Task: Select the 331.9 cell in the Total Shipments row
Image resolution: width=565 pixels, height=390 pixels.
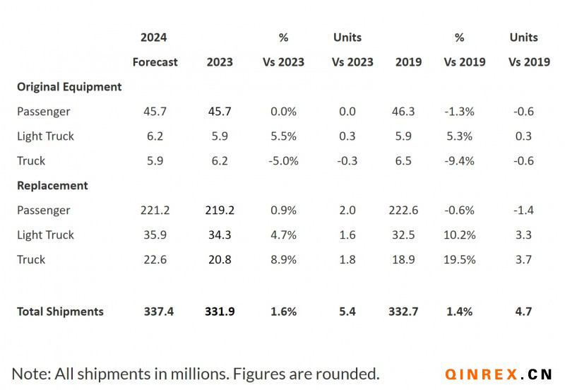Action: tap(220, 312)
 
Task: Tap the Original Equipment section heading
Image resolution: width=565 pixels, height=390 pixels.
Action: tap(69, 87)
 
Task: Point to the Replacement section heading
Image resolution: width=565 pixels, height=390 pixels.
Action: tap(52, 186)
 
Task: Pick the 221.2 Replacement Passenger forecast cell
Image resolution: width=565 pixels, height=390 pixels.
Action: tap(155, 211)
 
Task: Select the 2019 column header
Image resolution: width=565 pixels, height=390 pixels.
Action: tap(408, 62)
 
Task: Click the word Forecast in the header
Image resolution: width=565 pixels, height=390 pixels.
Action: tap(155, 62)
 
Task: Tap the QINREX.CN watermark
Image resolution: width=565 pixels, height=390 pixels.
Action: tap(499, 374)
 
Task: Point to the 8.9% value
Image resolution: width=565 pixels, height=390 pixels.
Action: tap(283, 260)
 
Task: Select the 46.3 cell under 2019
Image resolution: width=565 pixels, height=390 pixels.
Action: tap(408, 112)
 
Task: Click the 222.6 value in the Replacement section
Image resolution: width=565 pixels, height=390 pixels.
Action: tap(408, 211)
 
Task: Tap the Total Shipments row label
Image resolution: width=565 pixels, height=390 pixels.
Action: tap(60, 312)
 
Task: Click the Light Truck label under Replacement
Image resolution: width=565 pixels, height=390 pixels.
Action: tap(45, 235)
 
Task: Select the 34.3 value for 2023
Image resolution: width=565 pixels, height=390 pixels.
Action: tap(220, 235)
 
